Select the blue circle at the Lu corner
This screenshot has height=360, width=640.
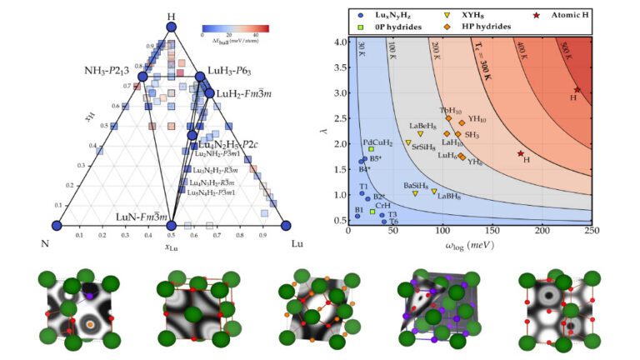(285, 225)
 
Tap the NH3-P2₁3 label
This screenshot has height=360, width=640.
(109, 69)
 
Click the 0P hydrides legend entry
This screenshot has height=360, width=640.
(386, 27)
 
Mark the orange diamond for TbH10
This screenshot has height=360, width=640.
(448, 118)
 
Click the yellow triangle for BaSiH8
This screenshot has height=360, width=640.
(415, 193)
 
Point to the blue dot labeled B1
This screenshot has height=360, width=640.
(357, 216)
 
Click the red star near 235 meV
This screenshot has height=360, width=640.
(577, 90)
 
